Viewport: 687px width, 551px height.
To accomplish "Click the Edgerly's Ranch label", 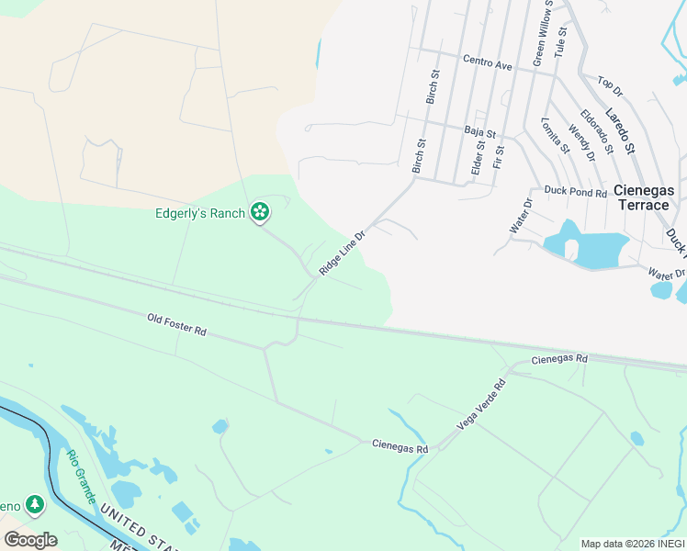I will (199, 214).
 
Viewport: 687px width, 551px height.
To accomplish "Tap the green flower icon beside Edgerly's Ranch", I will (261, 213).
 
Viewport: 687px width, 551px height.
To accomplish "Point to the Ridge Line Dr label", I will (343, 253).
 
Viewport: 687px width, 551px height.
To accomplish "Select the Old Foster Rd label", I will (176, 324).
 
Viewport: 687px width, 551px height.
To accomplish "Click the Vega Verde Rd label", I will (481, 404).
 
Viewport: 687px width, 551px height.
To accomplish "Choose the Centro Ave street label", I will (488, 64).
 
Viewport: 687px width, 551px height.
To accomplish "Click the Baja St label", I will (479, 132).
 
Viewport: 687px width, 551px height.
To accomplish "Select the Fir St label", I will (499, 156).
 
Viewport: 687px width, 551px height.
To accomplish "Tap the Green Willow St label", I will (543, 34).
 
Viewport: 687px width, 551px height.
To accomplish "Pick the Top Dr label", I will (610, 87).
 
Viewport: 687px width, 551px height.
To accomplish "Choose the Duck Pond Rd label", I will (576, 193).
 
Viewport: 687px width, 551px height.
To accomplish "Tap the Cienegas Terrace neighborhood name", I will (644, 197).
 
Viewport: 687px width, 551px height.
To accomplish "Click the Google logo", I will (30, 539).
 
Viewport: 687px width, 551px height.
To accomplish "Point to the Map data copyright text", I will (633, 544).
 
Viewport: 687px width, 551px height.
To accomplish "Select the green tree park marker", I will (34, 504).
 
